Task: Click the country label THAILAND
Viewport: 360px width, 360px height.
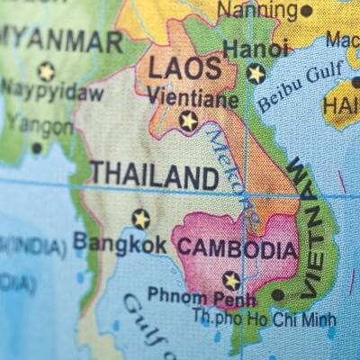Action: pos(154,175)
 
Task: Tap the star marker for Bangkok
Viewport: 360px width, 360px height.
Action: pos(140,218)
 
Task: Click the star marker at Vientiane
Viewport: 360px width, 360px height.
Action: pos(188,120)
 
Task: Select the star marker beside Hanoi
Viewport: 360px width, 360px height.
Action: pos(256,73)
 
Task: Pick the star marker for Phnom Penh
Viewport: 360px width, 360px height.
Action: pos(231,280)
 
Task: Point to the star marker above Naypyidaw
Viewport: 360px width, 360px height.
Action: pos(46,70)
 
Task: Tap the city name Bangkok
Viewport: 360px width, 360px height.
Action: pos(120,243)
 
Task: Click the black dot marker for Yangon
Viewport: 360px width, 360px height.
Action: pos(37,148)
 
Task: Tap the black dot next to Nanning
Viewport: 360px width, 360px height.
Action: pos(306,11)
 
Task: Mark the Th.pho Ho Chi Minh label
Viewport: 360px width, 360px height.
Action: pos(264,318)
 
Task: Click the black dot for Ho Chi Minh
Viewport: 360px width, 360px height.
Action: pos(277,294)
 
